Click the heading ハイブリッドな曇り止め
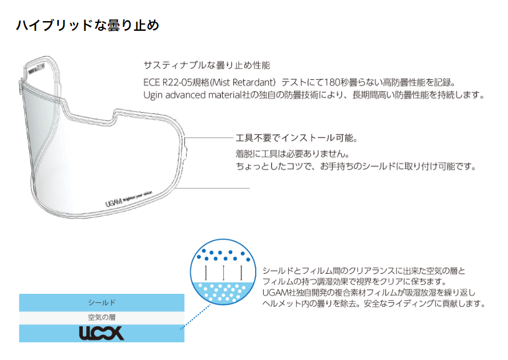(x=87, y=26)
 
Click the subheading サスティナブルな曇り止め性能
(x=207, y=66)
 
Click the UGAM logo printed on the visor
(x=114, y=203)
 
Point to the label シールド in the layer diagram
(x=102, y=302)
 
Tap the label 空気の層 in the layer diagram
(x=102, y=317)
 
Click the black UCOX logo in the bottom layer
(x=102, y=333)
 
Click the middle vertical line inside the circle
(x=224, y=272)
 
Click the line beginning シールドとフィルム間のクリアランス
(x=364, y=270)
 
